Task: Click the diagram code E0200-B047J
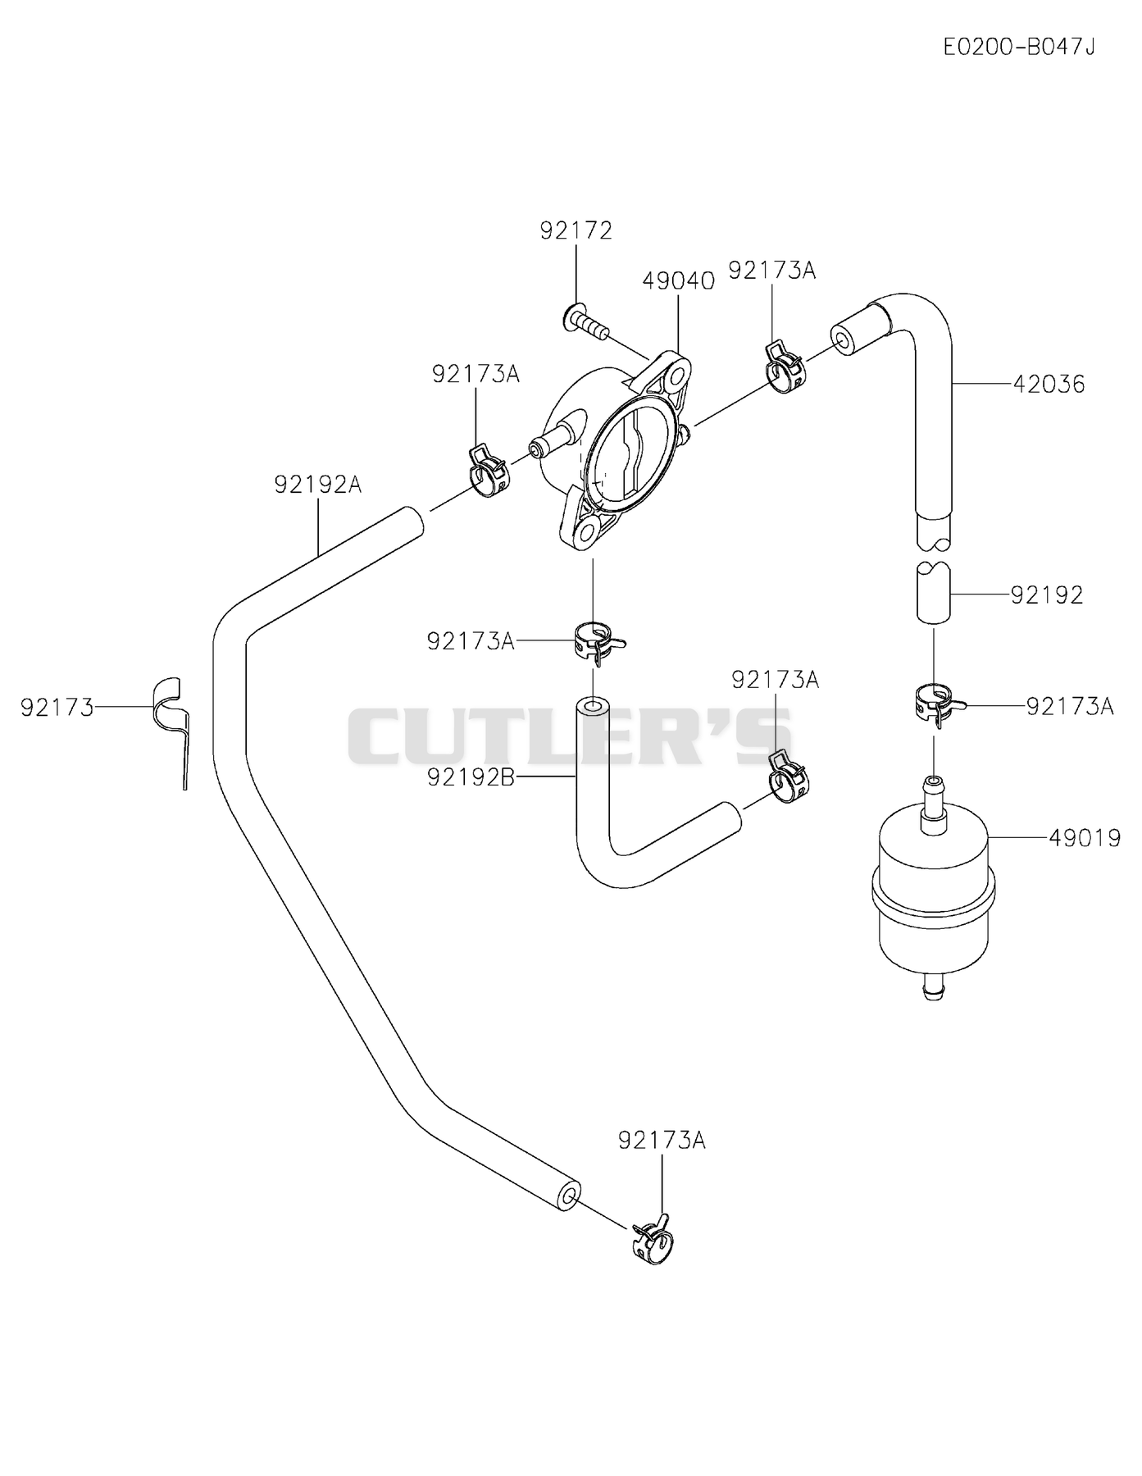tap(1019, 47)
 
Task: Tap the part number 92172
tap(576, 231)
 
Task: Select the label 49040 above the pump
tap(678, 281)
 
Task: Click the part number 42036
tap(1049, 384)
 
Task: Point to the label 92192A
tap(317, 485)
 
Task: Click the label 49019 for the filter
tap(1085, 838)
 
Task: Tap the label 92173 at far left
tap(57, 707)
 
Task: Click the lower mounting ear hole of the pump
tap(586, 533)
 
